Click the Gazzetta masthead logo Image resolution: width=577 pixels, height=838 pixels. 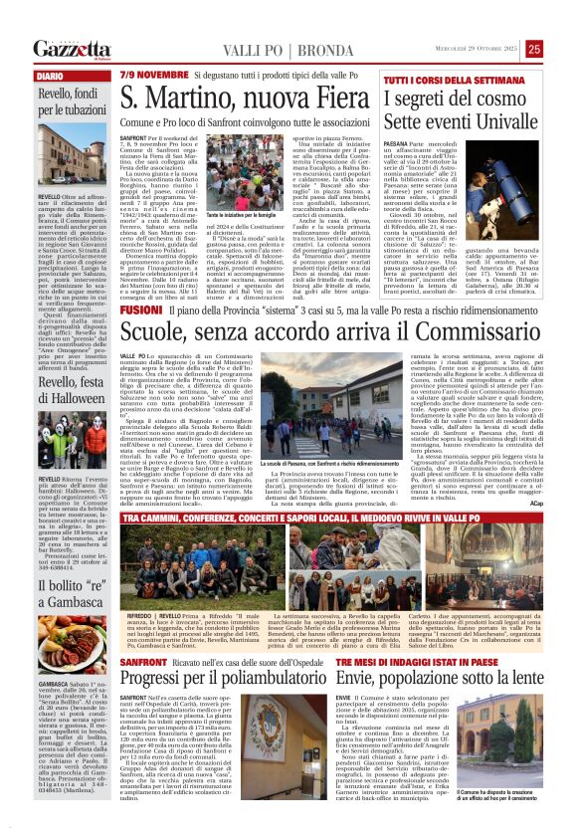[x=72, y=50]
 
